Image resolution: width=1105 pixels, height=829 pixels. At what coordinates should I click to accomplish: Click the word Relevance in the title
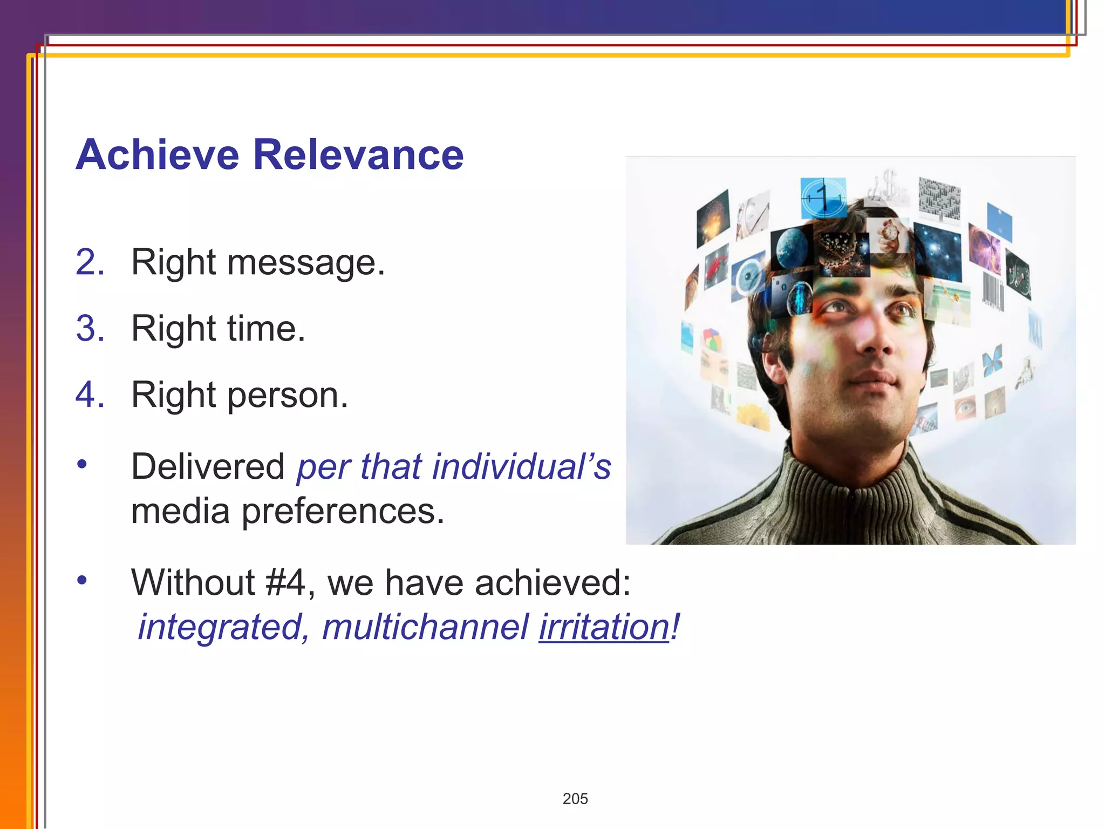tap(358, 155)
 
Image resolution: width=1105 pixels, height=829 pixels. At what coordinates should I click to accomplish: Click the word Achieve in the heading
tap(157, 155)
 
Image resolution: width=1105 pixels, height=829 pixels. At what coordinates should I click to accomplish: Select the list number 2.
tap(90, 262)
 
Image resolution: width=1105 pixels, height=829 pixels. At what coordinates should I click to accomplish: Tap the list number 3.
tap(90, 328)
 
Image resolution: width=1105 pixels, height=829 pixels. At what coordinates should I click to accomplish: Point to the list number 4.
tap(90, 395)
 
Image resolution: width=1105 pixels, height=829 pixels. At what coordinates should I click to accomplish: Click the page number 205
tap(575, 799)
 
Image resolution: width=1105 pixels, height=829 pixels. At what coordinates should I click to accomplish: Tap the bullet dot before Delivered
tap(82, 464)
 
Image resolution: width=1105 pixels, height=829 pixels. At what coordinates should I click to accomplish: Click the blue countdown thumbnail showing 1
tap(822, 198)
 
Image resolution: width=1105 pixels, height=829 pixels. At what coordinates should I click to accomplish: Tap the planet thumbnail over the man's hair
tap(792, 247)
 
